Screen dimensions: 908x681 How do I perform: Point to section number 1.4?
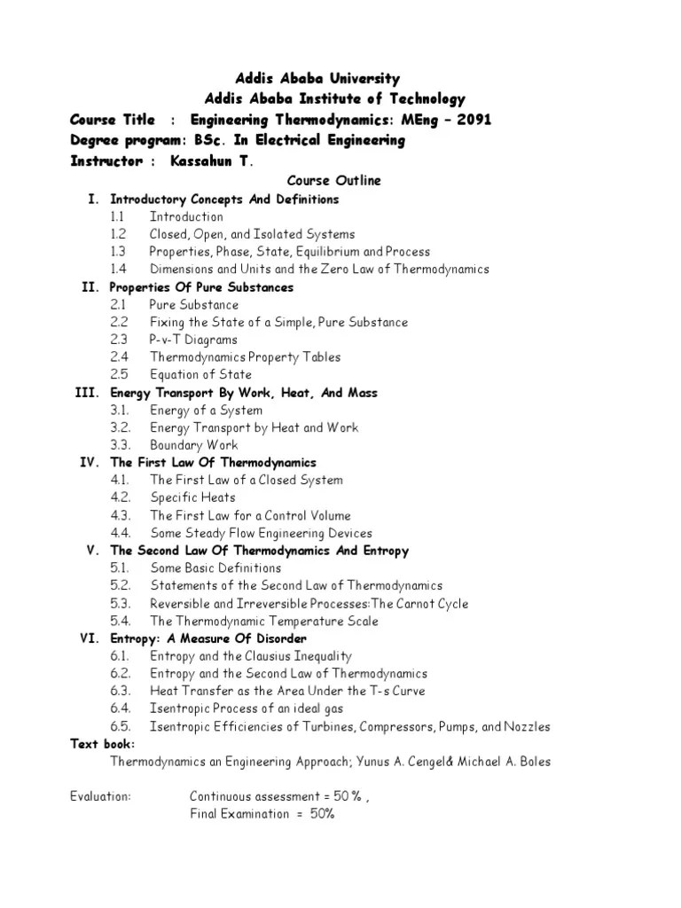[x=119, y=270]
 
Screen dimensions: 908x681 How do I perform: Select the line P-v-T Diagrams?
[x=193, y=340]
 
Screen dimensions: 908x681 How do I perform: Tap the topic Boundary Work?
[x=193, y=445]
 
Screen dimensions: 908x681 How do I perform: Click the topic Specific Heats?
[x=192, y=497]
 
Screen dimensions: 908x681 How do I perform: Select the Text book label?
[x=104, y=744]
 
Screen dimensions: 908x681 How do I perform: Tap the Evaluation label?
[x=100, y=796]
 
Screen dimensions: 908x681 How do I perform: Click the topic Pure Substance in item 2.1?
[x=194, y=305]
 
